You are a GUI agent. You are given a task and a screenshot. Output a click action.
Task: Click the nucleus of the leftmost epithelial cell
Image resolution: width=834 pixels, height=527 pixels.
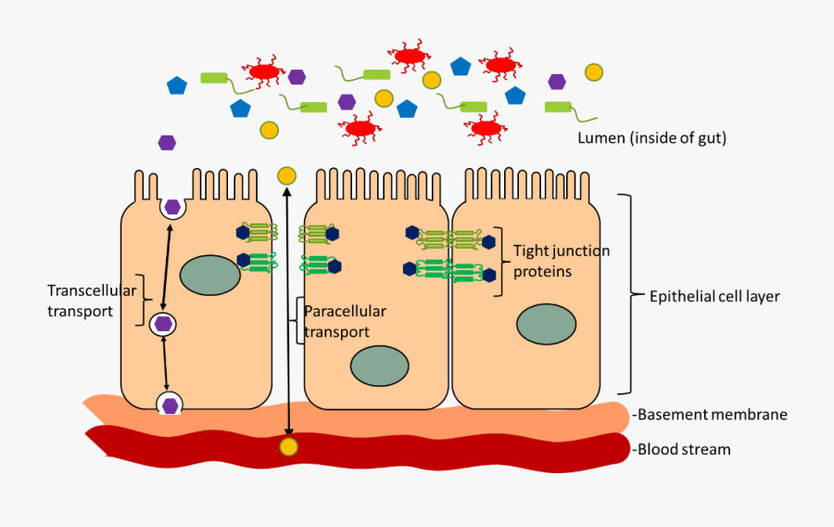(x=209, y=276)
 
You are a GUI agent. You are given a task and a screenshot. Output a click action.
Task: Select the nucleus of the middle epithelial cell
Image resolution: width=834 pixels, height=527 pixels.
(x=380, y=366)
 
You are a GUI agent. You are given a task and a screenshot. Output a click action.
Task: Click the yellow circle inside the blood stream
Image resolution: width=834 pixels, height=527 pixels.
(x=289, y=448)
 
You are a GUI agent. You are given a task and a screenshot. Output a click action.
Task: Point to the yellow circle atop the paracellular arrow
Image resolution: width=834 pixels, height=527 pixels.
(x=286, y=175)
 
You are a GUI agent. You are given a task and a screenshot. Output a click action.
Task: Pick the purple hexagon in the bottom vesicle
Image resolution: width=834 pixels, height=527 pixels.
(x=170, y=405)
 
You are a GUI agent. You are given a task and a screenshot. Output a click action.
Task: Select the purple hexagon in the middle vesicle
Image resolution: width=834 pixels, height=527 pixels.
(x=164, y=324)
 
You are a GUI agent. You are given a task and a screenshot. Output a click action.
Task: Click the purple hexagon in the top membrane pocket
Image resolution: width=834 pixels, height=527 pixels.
(x=171, y=206)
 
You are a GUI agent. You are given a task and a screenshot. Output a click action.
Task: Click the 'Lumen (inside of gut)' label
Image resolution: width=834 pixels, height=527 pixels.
(x=651, y=138)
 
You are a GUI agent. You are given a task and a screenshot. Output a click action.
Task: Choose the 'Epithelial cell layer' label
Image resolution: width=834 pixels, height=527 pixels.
(x=714, y=297)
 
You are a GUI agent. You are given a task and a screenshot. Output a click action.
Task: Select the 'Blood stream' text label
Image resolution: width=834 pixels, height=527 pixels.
(x=685, y=449)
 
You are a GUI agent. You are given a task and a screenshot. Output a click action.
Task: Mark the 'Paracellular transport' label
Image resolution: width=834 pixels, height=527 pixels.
(x=344, y=321)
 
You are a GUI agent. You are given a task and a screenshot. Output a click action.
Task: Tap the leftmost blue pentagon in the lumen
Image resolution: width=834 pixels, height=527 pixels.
(x=177, y=85)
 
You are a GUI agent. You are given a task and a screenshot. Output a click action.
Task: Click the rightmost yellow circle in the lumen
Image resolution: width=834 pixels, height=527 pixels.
(x=593, y=72)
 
